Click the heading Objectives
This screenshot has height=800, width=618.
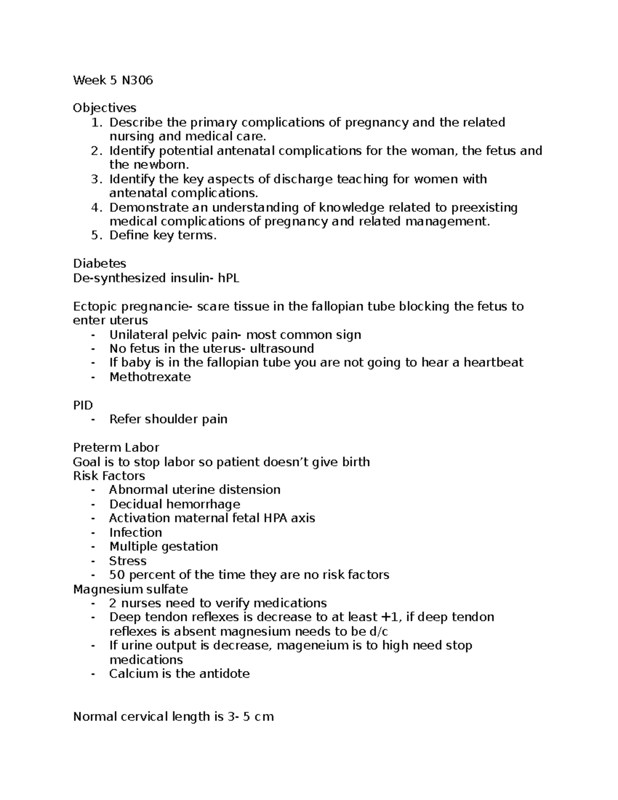(x=105, y=108)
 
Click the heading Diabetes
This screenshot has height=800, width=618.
(x=99, y=263)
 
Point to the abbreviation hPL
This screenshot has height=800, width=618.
(x=229, y=278)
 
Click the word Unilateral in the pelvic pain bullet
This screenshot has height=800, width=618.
(x=138, y=335)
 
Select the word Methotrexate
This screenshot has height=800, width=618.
(x=150, y=377)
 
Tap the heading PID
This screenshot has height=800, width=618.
(x=83, y=405)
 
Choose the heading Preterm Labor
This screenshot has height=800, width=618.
(x=116, y=447)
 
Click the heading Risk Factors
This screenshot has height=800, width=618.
(x=109, y=475)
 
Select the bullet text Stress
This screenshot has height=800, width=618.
(x=128, y=560)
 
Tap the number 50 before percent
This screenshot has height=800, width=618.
(x=117, y=574)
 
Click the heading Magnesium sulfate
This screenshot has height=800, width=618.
(x=130, y=589)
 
